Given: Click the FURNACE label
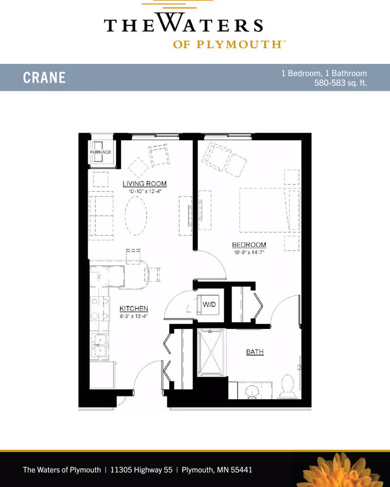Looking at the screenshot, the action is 100,152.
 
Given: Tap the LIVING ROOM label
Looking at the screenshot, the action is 145,183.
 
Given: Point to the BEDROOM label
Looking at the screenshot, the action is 249,245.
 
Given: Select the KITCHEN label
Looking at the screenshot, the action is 134,308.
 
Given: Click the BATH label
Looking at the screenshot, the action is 255,351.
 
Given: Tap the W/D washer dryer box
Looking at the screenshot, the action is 210,304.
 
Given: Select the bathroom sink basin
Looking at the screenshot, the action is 252,392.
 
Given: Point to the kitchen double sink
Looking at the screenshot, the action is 99,345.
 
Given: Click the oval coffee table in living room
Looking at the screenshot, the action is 136,215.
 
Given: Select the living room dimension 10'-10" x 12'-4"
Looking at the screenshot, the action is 145,191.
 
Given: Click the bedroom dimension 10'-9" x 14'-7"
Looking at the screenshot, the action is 249,252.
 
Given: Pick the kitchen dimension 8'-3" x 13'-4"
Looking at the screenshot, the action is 134,316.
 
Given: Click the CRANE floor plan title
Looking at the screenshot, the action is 44,78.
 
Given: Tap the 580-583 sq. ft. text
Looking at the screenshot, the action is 340,83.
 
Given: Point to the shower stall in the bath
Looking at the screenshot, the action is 211,352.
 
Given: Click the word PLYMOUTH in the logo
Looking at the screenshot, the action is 239,44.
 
